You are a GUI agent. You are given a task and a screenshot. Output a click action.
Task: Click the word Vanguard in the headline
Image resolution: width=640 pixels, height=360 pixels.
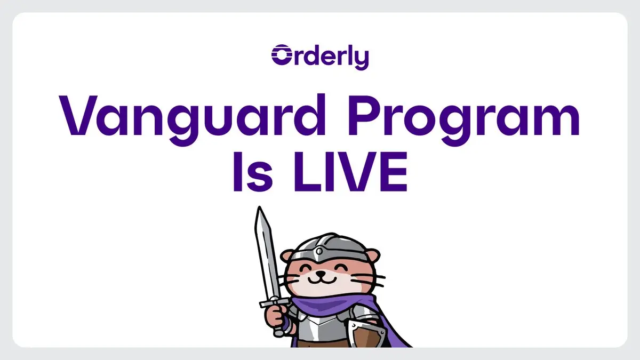[193, 119]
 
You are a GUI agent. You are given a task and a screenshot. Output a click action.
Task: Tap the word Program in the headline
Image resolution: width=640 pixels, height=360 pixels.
[463, 119]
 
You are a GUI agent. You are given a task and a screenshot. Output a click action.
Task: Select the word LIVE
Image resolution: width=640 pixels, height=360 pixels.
[350, 172]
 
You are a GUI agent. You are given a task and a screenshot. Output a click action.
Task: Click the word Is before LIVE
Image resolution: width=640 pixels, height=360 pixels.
[253, 172]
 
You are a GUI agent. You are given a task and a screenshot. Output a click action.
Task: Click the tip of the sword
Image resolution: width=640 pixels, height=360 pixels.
[259, 207]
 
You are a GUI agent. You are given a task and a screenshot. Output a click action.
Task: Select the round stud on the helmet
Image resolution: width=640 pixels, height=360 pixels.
[319, 252]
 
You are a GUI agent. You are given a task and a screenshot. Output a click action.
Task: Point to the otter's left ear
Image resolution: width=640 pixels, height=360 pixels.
[287, 255]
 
